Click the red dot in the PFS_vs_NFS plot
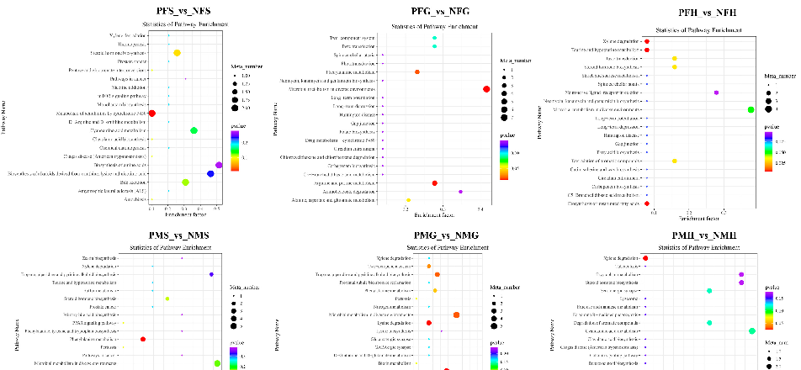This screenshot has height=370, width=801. (x=151, y=114)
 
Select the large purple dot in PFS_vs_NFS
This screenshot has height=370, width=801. (x=219, y=166)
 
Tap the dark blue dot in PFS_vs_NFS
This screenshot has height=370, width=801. (x=210, y=174)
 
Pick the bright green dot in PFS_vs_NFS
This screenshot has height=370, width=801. (x=194, y=130)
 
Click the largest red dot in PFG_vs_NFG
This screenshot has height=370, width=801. (x=486, y=89)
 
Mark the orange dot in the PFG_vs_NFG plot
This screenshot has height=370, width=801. (x=417, y=72)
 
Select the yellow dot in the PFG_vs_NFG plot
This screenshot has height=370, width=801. (x=408, y=200)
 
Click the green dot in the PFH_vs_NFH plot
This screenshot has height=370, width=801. (x=751, y=110)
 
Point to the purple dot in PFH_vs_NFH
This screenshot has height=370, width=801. (x=715, y=92)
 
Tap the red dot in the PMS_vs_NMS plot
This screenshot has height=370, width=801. (x=143, y=339)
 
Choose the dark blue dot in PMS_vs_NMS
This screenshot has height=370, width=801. (x=211, y=275)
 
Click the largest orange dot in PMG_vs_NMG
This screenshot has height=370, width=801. (x=456, y=314)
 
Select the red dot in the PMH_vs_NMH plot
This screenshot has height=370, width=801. (x=645, y=258)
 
